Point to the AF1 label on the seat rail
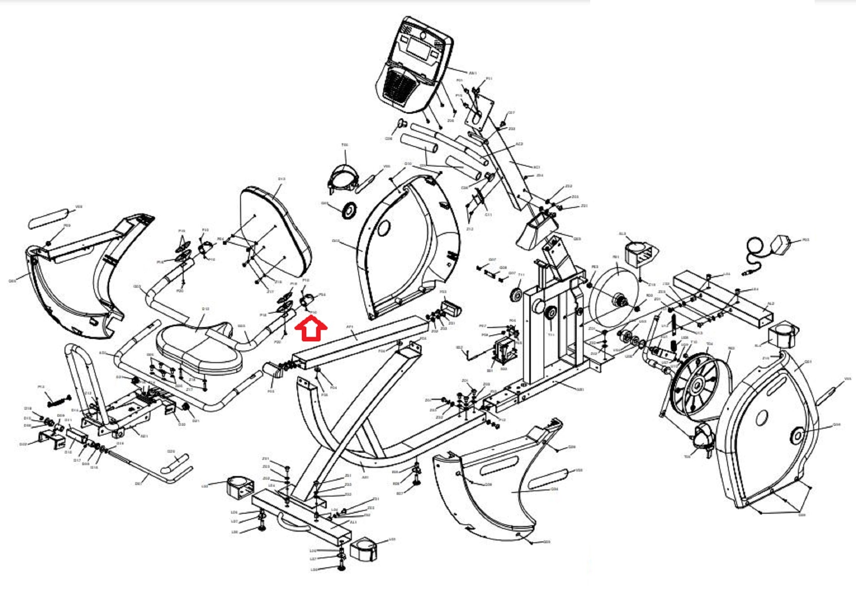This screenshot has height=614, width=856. (350, 327)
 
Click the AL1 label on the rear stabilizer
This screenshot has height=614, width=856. (353, 522)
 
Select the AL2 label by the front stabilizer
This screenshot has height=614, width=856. (771, 304)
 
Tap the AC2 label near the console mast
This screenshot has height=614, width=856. (519, 144)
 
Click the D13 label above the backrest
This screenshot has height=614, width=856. (281, 179)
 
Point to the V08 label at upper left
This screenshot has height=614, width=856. (79, 207)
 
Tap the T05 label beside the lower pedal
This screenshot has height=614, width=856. (687, 457)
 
